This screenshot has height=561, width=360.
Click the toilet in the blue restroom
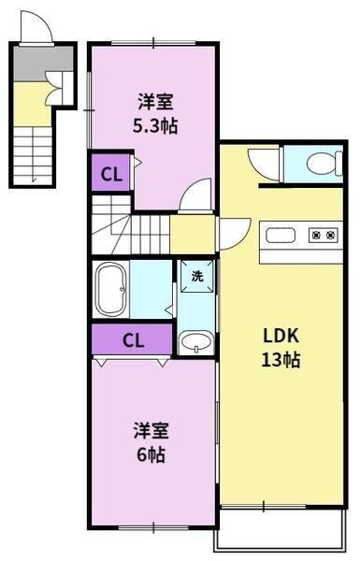click(324, 164)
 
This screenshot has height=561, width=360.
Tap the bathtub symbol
click(110, 289)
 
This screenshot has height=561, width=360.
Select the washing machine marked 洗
click(197, 276)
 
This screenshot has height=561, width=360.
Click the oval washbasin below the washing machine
click(196, 341)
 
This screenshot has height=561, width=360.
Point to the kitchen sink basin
click(281, 236)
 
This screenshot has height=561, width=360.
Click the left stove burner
click(316, 235)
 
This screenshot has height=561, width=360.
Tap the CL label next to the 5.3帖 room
click(111, 174)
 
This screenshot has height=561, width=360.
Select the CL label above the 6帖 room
click(133, 340)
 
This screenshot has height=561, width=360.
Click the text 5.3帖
click(155, 125)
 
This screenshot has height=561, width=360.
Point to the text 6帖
click(151, 454)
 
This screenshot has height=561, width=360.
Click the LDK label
click(281, 336)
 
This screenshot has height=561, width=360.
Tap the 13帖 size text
click(281, 360)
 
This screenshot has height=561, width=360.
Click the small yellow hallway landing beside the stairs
click(193, 235)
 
